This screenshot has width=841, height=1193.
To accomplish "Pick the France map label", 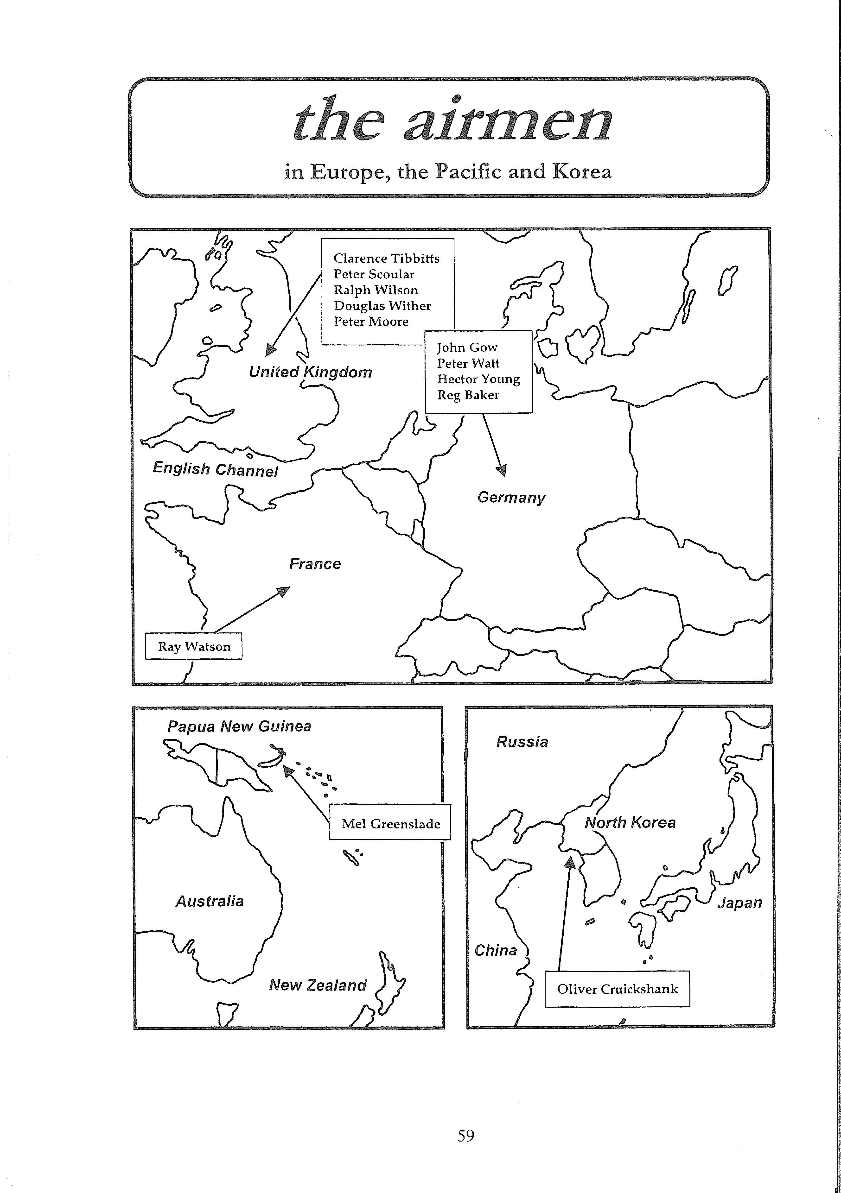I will pos(315,564).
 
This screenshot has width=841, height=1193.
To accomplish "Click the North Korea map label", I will pos(630,822).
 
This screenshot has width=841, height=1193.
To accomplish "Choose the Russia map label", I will pos(522,741).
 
